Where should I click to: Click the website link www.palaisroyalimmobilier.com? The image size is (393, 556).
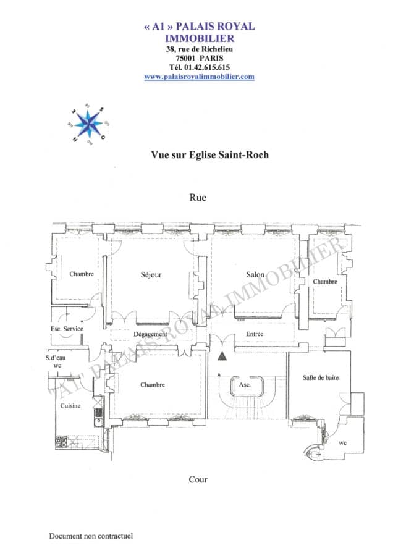(199, 77)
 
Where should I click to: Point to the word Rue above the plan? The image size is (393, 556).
(198, 198)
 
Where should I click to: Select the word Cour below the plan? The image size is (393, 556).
(198, 479)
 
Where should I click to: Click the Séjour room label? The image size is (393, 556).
(151, 274)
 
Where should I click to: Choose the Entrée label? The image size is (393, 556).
(255, 334)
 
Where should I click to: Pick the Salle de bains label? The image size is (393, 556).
(321, 377)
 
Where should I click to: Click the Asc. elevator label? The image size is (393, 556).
(245, 384)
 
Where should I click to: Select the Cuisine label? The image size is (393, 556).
(70, 406)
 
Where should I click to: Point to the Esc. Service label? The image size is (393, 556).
(67, 329)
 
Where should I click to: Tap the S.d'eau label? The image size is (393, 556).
(57, 358)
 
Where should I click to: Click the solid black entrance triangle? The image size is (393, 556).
(222, 356)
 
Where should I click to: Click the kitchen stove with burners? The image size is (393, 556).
(62, 442)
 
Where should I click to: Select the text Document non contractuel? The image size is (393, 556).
(91, 536)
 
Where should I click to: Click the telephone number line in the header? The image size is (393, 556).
(199, 67)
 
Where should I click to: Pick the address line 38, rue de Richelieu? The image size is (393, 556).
(199, 48)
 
